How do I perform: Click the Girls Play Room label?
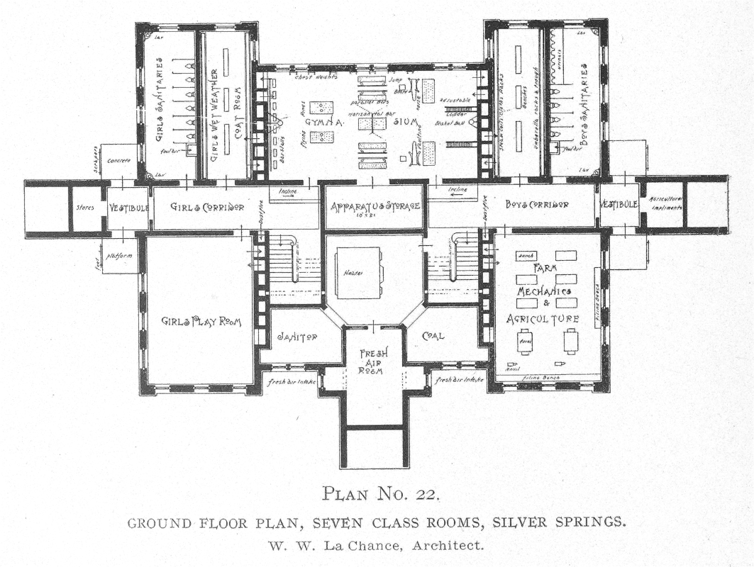click(x=200, y=321)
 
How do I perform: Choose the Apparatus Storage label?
click(x=376, y=206)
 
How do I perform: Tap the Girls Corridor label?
click(x=208, y=206)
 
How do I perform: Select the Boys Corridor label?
click(x=537, y=206)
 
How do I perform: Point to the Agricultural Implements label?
click(x=665, y=204)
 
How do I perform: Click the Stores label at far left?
click(x=86, y=208)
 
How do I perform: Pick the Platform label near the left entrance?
click(x=119, y=255)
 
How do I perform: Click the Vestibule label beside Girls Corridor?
click(x=128, y=207)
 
